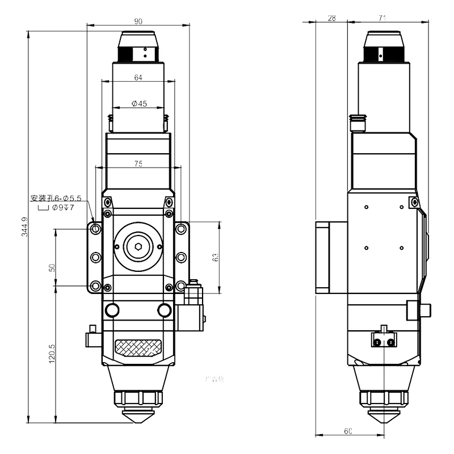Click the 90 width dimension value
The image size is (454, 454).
(138, 21)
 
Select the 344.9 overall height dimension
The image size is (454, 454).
(23, 226)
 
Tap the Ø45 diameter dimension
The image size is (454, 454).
(139, 104)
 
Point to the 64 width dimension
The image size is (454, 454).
(138, 78)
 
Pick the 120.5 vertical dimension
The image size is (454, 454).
(52, 353)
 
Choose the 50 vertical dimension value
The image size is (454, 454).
(52, 267)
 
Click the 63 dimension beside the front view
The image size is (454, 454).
(215, 257)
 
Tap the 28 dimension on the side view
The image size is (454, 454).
(331, 18)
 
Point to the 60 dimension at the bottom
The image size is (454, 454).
(348, 431)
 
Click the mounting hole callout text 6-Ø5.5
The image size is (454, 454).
(57, 198)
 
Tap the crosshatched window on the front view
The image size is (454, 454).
(138, 346)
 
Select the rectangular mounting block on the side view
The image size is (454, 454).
(331, 257)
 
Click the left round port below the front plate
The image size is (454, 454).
(112, 310)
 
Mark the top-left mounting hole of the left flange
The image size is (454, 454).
(96, 229)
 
